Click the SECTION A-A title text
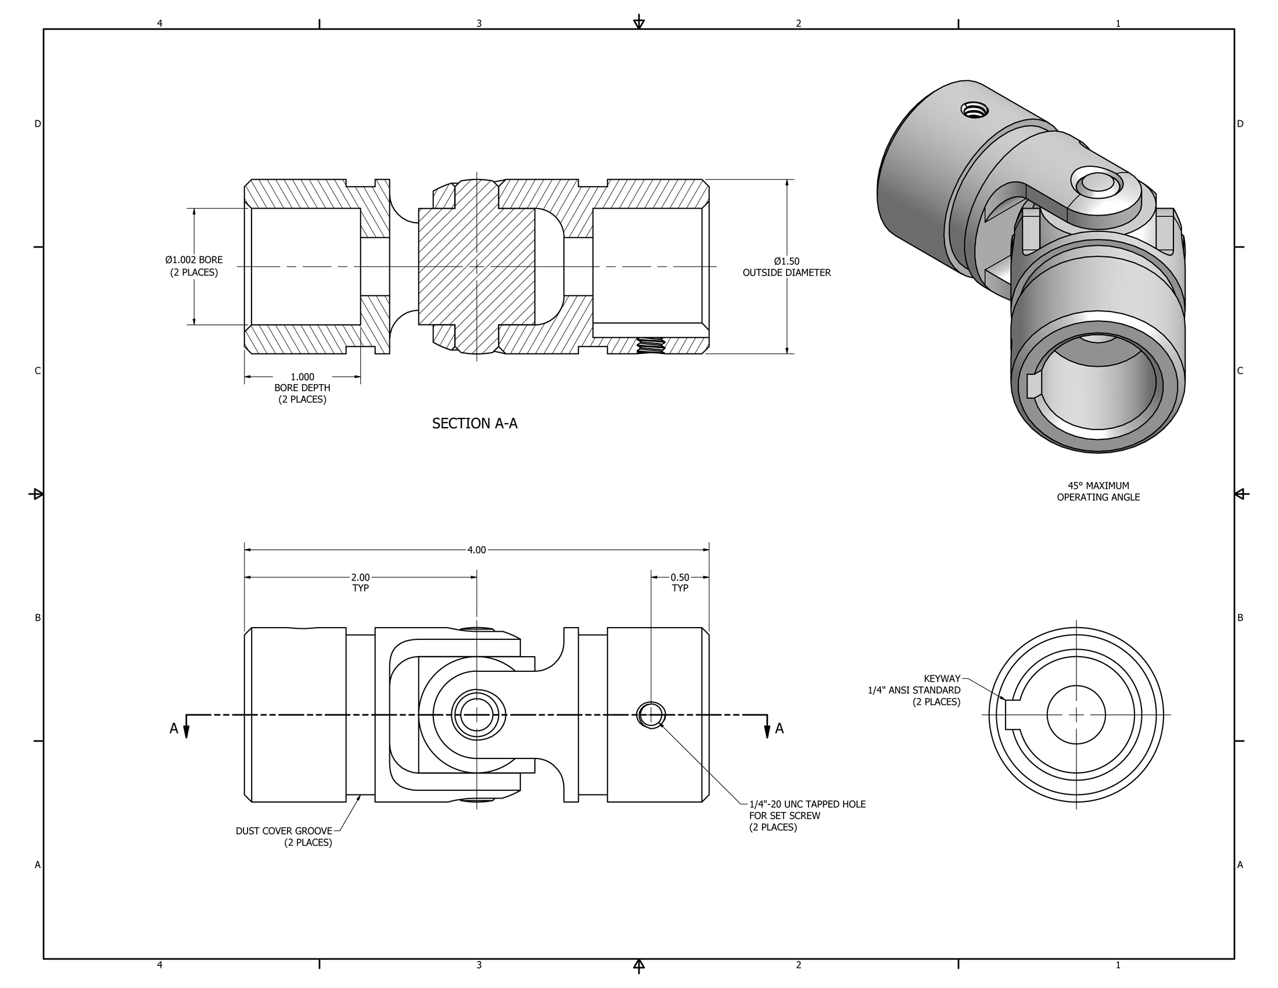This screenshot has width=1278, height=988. (475, 423)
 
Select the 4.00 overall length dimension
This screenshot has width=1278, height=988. (476, 550)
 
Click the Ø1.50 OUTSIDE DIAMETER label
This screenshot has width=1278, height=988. (786, 267)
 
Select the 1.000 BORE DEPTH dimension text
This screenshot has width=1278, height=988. (302, 388)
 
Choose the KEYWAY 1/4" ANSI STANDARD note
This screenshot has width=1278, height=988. (914, 690)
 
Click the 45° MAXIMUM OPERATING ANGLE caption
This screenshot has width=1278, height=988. (1098, 491)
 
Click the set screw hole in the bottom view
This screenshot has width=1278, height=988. (650, 715)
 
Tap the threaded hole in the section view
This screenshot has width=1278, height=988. (650, 345)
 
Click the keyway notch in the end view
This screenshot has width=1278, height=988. (1010, 715)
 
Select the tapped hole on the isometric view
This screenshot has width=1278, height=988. (974, 109)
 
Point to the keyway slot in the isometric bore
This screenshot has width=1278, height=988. (1033, 386)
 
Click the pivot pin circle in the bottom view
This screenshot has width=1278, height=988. (476, 715)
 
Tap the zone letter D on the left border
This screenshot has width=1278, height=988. (37, 123)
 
